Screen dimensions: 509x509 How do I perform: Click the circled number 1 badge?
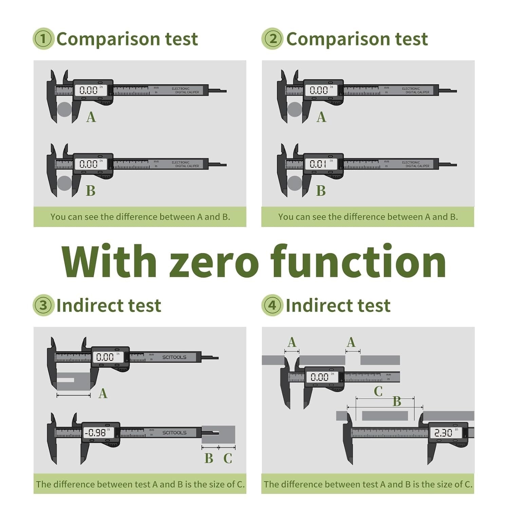coord(43,39)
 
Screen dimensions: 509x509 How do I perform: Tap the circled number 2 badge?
coord(272,39)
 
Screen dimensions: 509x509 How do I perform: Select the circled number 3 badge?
coord(43,305)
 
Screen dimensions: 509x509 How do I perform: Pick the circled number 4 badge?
coord(272,305)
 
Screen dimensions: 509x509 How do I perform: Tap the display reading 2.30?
coord(444,433)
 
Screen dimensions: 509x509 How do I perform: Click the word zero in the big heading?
coord(213,262)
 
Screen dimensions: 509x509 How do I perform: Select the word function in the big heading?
coord(358,262)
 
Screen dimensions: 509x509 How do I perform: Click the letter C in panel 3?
coord(228,458)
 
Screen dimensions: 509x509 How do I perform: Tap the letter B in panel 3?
coord(209,458)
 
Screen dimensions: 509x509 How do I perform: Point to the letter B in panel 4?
coord(397,401)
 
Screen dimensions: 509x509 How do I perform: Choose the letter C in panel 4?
coord(378,391)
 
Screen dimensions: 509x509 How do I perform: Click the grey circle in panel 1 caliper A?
coord(64,109)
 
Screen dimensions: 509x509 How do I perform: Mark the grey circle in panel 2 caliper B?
coord(295,183)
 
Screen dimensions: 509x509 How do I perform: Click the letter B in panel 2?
coord(321,191)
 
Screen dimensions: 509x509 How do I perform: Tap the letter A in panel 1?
coord(91,117)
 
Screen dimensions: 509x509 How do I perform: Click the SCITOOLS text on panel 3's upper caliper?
coord(174,357)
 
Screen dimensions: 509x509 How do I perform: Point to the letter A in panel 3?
coord(103,394)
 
